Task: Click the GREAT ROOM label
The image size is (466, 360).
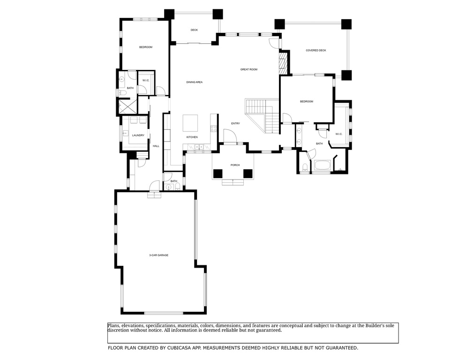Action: [x=248, y=69]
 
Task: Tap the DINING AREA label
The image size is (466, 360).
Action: [x=194, y=82]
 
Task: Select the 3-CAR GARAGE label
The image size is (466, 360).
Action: [x=158, y=255]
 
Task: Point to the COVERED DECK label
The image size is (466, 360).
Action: [x=316, y=50]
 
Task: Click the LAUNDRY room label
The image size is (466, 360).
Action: [x=138, y=135]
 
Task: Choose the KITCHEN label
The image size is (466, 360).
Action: [x=192, y=137]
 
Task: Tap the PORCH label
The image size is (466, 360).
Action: [x=235, y=165]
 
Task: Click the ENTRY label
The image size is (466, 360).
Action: [x=235, y=124]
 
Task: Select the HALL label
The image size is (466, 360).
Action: [x=156, y=146]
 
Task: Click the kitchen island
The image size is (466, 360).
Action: [x=190, y=123]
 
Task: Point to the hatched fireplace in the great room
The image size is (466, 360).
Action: [x=283, y=61]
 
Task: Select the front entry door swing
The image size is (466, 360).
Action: [x=229, y=136]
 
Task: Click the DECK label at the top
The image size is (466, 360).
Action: [x=194, y=30]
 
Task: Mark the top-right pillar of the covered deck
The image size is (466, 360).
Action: [x=346, y=24]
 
